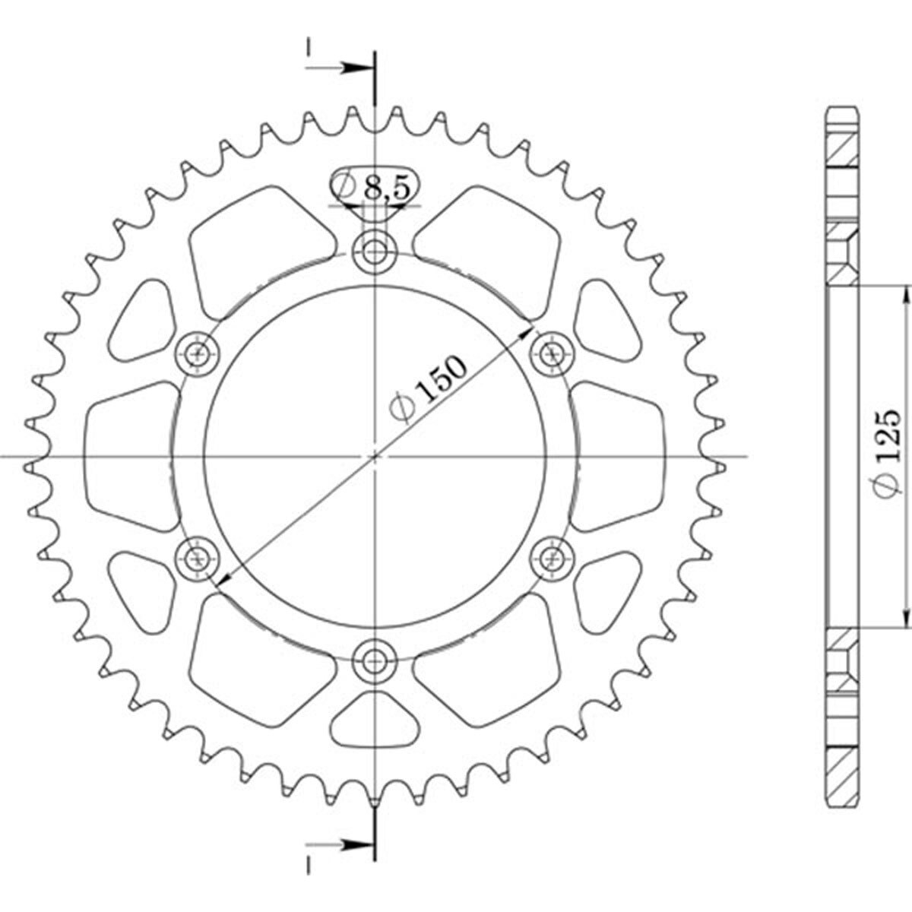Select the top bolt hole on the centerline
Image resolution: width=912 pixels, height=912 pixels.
pos(375,251)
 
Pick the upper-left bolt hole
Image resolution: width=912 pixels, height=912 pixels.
pos(198,353)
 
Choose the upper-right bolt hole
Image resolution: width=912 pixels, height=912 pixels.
pos(553,353)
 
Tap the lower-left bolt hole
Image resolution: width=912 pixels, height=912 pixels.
pos(198,559)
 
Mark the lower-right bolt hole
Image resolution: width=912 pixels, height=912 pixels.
pos(553,559)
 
